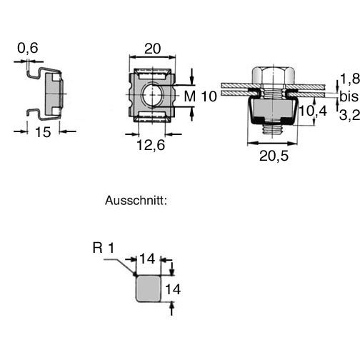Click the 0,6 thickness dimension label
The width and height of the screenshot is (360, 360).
28,48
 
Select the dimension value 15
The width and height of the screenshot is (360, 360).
43,132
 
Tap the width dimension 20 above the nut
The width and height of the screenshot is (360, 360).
152,49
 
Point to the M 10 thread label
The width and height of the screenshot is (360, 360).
200,96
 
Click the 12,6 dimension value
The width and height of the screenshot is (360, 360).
151,145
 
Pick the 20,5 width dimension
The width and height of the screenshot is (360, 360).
274,156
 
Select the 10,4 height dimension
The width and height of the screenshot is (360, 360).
313,111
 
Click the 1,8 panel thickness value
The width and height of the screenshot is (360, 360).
350,79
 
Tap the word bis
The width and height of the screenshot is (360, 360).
349,96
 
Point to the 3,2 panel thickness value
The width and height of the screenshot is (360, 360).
349,115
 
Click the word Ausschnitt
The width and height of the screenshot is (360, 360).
136,201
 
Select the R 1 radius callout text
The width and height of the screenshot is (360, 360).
104,248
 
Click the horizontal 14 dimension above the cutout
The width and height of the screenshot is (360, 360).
147,259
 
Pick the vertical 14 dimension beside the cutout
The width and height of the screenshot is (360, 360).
173,289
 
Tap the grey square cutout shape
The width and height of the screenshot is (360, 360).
148,289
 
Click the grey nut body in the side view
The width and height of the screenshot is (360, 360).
54,93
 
